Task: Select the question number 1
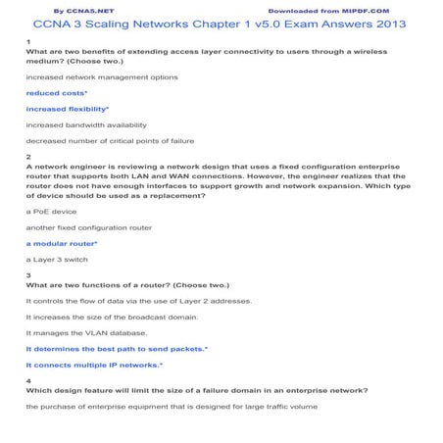point(28,41)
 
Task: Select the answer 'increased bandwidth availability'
point(86,124)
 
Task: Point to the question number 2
point(28,157)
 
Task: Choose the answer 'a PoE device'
point(50,211)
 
